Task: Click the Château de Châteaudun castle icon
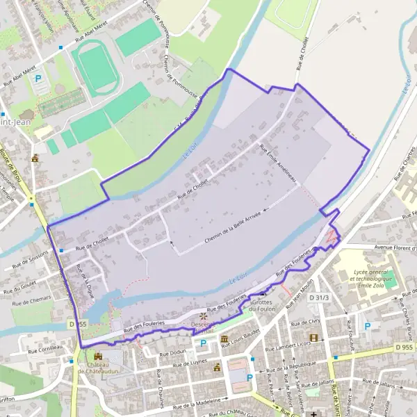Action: pos(97,357)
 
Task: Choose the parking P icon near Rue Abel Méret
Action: pos(39,79)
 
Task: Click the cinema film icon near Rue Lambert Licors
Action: pos(314,338)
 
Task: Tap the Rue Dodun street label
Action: pos(176,353)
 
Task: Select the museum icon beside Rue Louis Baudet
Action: pos(224,339)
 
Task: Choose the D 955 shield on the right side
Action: pos(404,346)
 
